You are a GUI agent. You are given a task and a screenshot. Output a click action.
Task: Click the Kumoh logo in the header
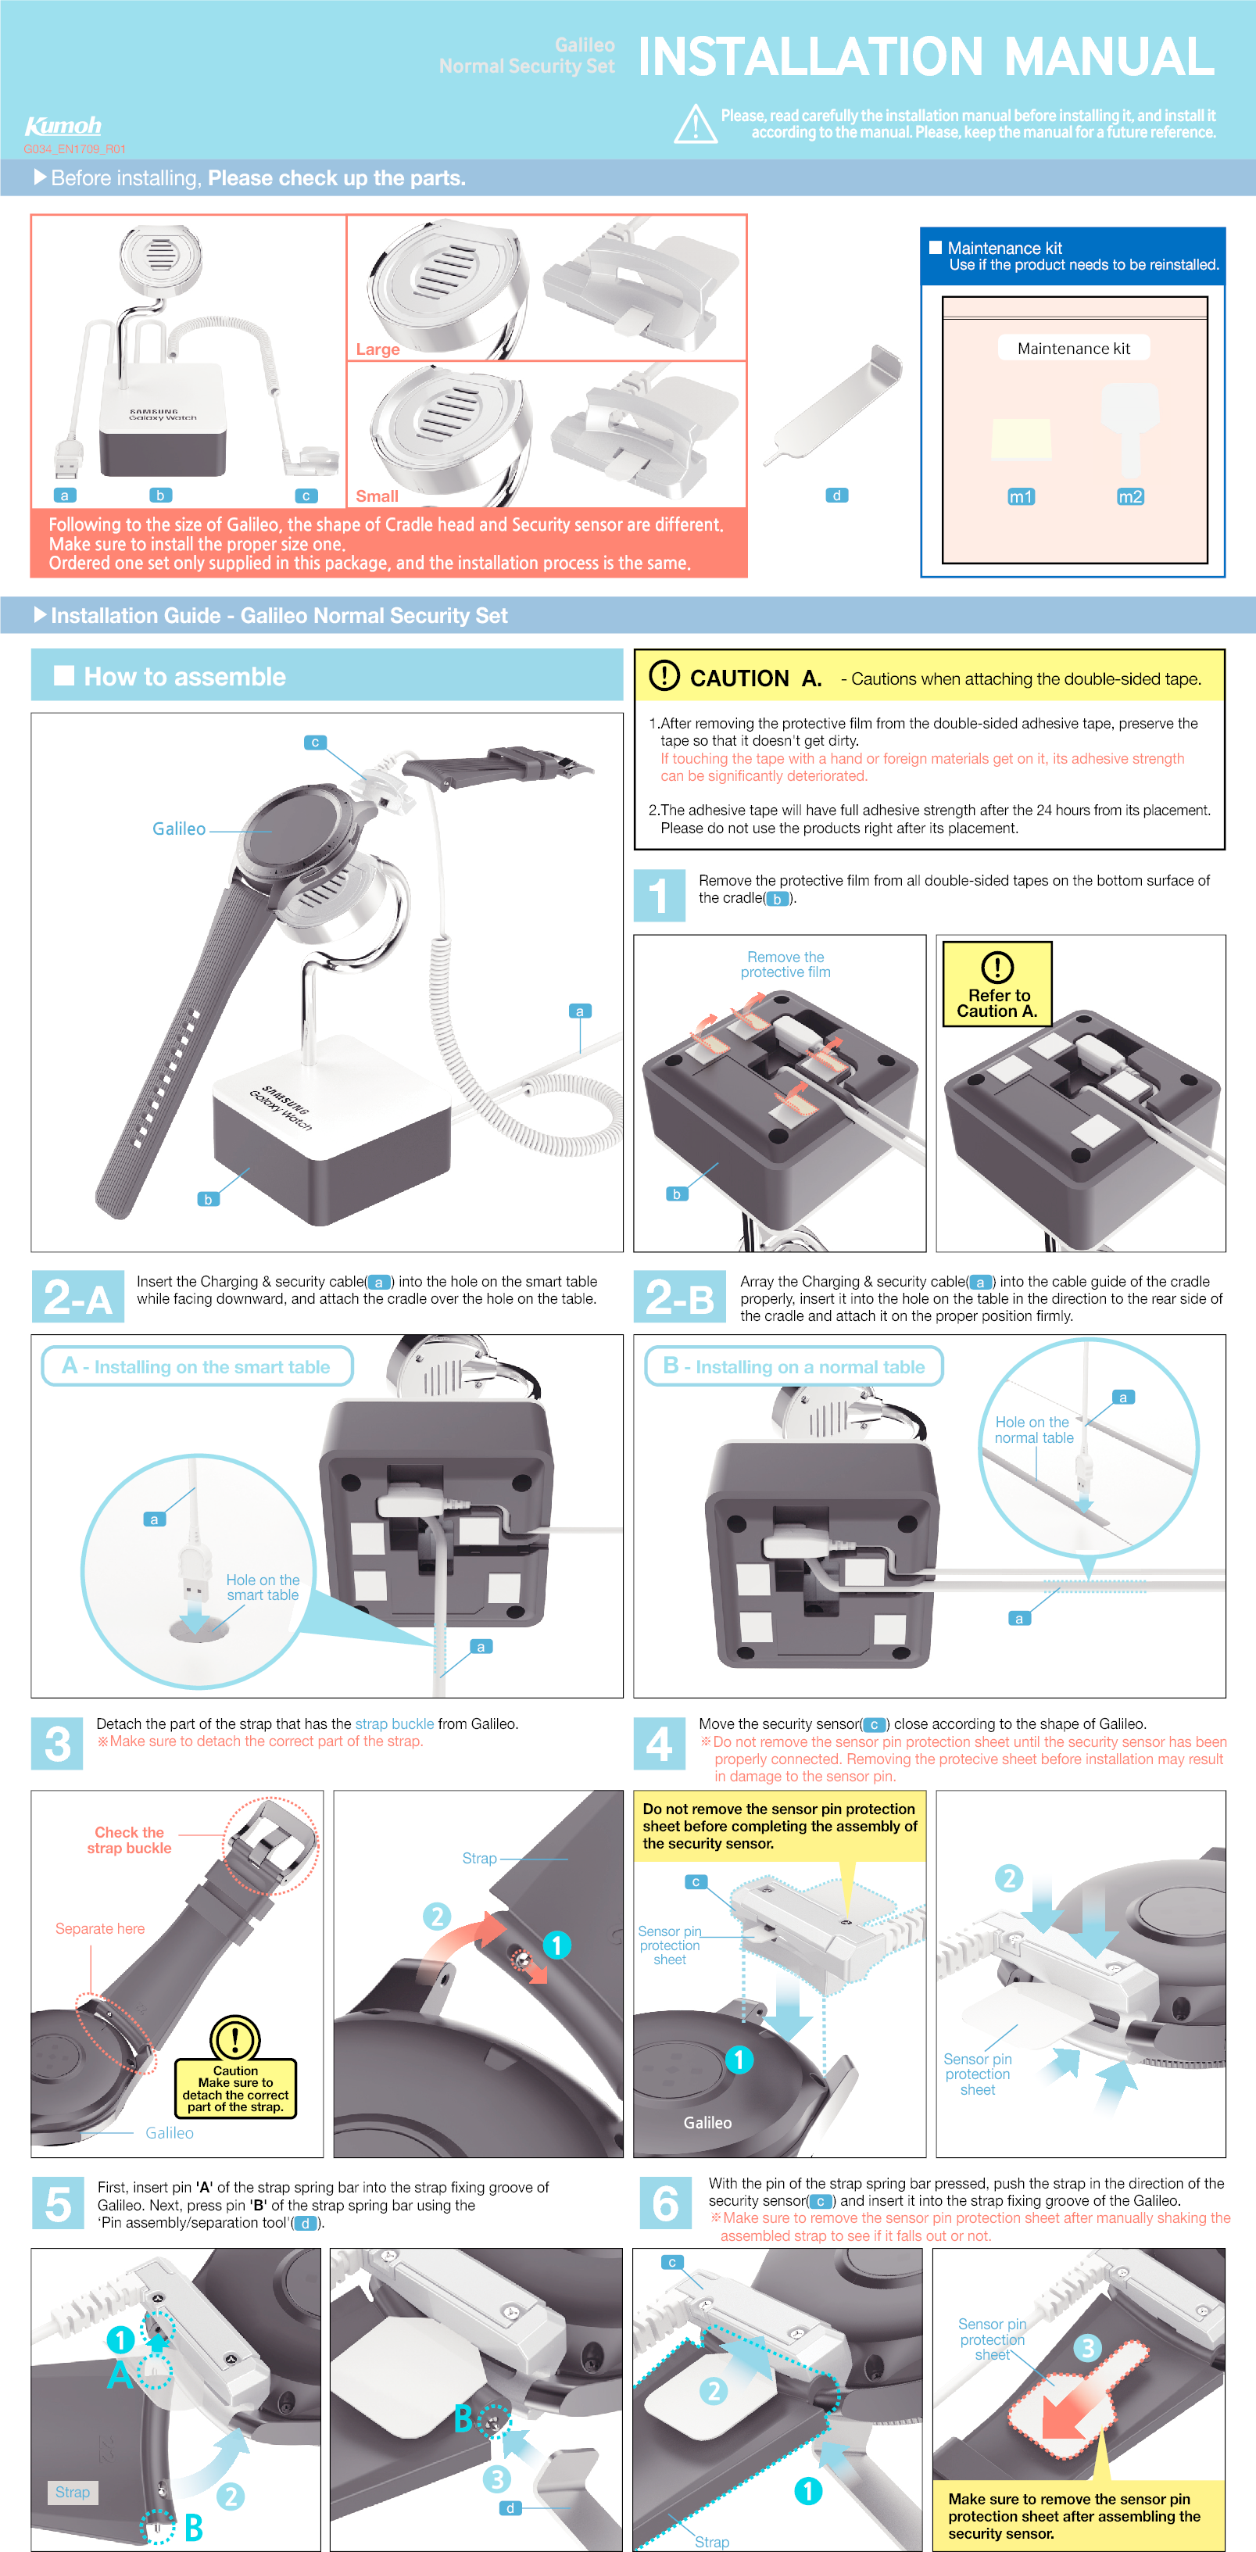coord(63,126)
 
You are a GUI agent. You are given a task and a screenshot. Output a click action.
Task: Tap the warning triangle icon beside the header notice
coord(696,125)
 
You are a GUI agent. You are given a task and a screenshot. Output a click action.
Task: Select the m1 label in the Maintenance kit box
coord(1020,496)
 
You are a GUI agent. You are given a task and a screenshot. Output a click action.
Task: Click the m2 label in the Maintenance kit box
coord(1130,496)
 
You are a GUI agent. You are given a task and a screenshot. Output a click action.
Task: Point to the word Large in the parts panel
coord(378,349)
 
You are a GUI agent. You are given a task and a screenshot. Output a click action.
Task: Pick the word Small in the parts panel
coord(377,496)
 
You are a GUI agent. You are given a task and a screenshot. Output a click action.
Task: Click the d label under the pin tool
coord(837,496)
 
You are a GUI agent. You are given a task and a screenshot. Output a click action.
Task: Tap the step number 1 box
coord(659,896)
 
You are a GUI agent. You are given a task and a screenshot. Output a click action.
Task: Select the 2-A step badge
coord(78,1297)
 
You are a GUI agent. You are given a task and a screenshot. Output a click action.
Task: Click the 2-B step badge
coord(679,1297)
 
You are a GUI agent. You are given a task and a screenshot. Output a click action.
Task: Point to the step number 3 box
coord(58,1744)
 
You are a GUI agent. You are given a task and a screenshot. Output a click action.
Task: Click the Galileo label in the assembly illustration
coord(179,829)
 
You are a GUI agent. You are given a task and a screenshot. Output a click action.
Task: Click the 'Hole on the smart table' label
coord(263,1587)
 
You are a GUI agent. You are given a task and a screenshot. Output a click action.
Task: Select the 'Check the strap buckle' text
coord(129,1840)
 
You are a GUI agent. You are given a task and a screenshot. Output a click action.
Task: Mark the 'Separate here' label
coord(100,1927)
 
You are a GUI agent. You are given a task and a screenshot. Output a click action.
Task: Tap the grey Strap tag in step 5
coord(73,2492)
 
